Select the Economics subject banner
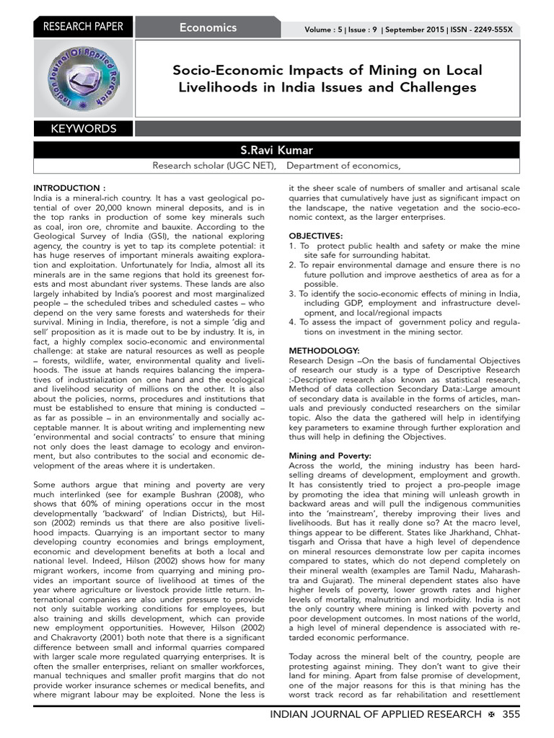pyautogui.click(x=208, y=27)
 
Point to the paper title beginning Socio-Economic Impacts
pyautogui.click(x=327, y=79)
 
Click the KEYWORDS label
pyautogui.click(x=84, y=129)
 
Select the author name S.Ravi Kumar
pyautogui.click(x=277, y=150)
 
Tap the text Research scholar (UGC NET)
pyautogui.click(x=214, y=166)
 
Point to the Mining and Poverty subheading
pyautogui.click(x=330, y=456)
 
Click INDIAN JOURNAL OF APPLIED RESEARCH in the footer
pyautogui.click(x=375, y=713)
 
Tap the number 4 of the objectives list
pyautogui.click(x=291, y=322)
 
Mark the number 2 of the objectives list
pyautogui.click(x=291, y=265)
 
